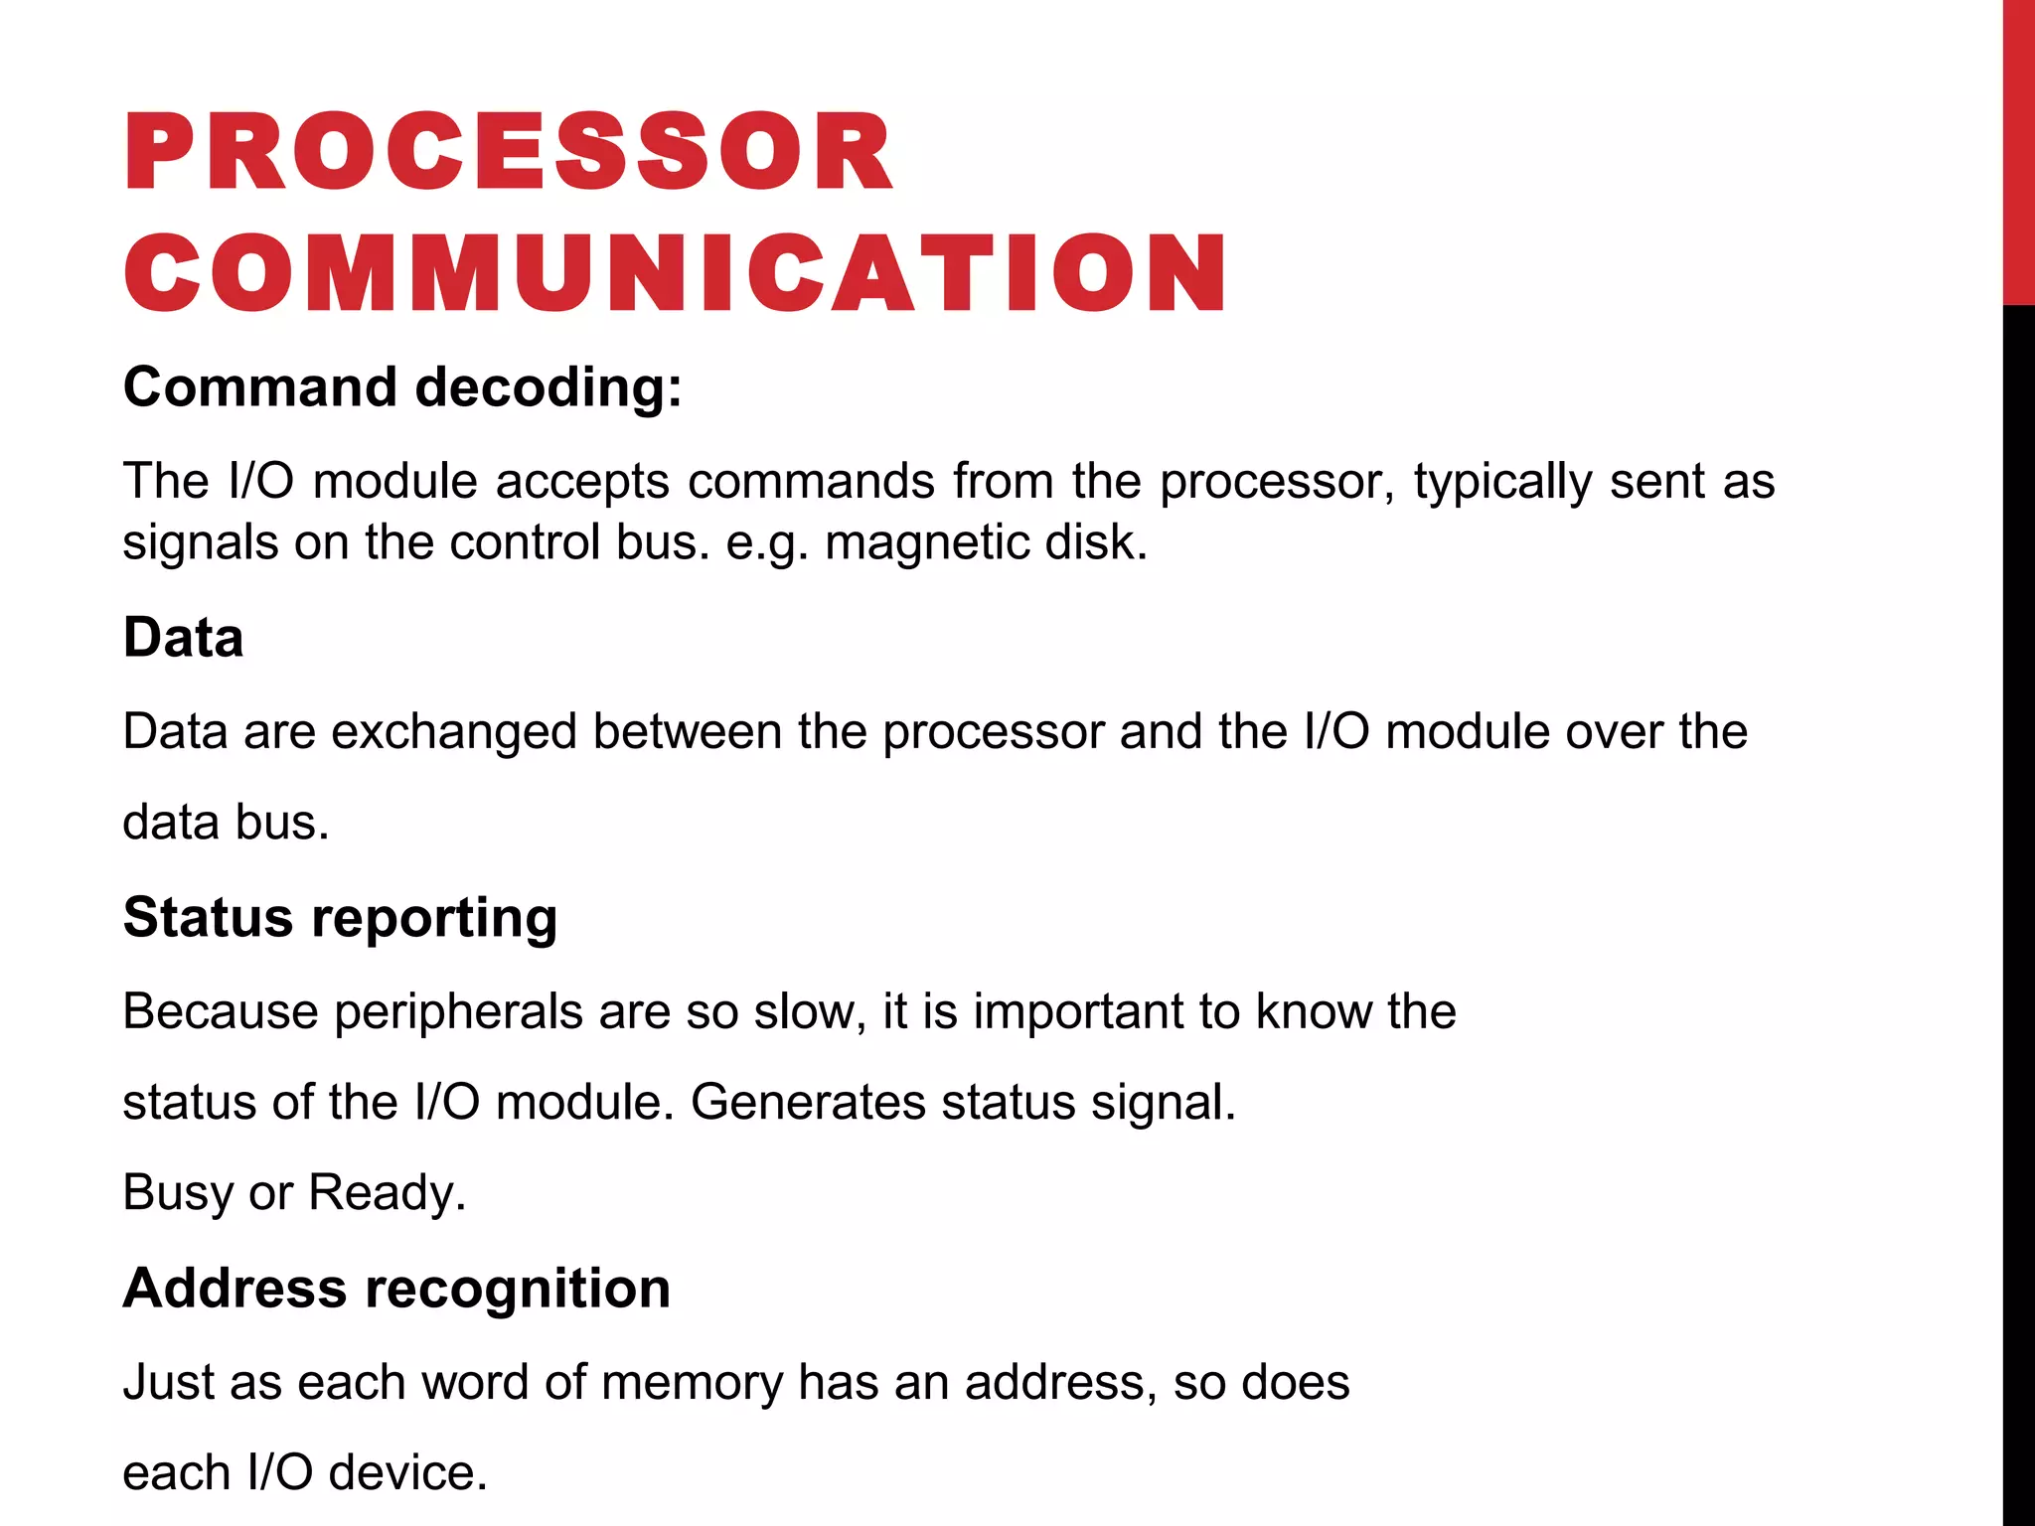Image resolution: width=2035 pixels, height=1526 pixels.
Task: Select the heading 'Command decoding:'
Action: pos(402,386)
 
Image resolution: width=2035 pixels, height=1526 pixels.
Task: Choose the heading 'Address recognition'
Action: pos(396,1288)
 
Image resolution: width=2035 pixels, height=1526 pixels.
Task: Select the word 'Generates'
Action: pos(808,1102)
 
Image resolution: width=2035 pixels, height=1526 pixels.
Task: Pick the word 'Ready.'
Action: pos(388,1192)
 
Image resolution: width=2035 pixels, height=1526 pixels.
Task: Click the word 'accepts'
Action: pos(583,482)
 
